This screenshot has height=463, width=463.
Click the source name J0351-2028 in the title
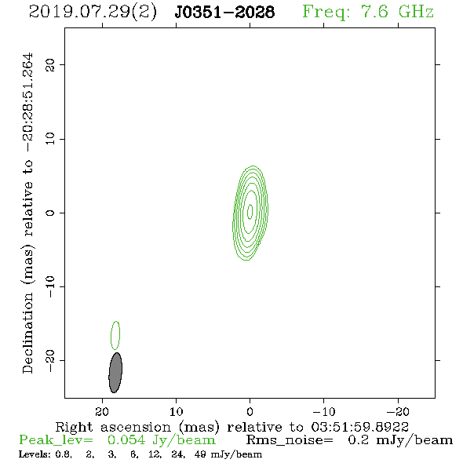point(224,12)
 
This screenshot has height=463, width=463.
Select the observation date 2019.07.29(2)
point(93,12)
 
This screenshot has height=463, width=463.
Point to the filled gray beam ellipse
point(115,373)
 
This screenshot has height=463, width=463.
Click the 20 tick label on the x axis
point(102,411)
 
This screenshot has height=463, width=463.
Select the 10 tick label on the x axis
point(176,411)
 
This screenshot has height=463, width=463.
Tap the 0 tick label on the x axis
point(250,411)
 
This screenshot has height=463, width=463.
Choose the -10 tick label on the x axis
point(324,411)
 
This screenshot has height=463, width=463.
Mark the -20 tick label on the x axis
point(398,411)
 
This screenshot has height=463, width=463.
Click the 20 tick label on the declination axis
point(50,64)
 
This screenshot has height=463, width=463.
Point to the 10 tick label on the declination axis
point(50,138)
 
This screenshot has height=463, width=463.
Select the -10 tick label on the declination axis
point(50,286)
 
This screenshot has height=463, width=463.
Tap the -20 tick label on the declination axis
point(50,361)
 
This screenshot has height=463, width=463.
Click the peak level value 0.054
point(126,440)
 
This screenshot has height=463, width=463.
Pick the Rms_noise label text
point(290,440)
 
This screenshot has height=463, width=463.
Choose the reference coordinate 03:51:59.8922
point(360,427)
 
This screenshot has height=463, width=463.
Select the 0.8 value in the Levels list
point(64,454)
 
